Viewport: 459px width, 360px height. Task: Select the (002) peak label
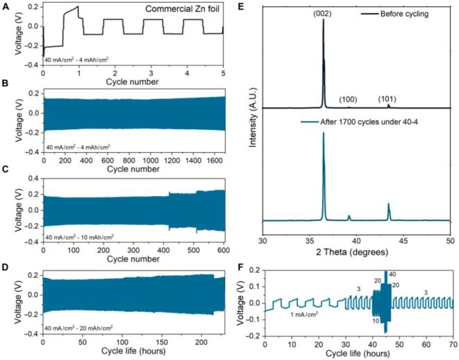[x=322, y=11]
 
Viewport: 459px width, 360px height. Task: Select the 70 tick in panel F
[x=451, y=342]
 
